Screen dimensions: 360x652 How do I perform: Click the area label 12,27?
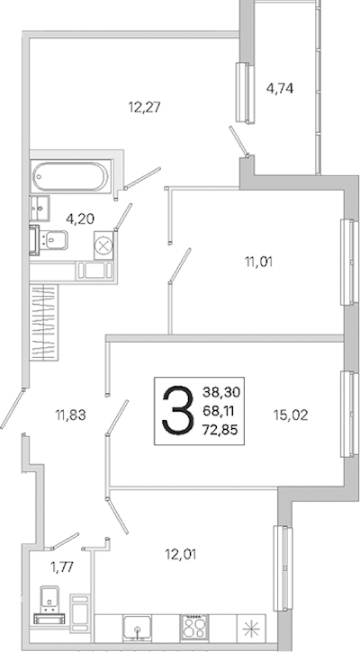click(x=144, y=108)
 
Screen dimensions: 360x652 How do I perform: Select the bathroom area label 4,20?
click(x=81, y=219)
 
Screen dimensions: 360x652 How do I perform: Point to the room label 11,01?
click(x=258, y=262)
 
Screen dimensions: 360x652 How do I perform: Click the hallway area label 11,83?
click(x=70, y=415)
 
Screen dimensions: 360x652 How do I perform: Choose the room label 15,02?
click(x=291, y=415)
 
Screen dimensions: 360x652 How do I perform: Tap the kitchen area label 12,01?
click(x=180, y=554)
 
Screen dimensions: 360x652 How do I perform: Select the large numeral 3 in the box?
click(x=178, y=411)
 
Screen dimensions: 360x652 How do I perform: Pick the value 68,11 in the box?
click(x=218, y=411)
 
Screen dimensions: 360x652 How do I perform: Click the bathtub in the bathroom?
click(x=70, y=176)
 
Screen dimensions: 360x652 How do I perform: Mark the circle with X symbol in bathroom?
click(x=103, y=246)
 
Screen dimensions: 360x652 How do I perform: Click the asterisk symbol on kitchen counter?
click(x=250, y=629)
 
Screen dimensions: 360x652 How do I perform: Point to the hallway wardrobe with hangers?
click(x=44, y=322)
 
